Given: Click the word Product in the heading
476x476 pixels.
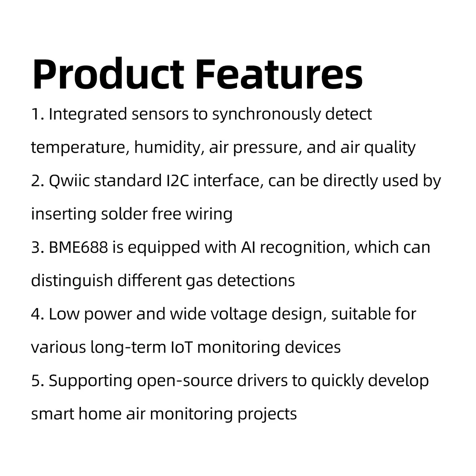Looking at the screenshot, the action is click(108, 74).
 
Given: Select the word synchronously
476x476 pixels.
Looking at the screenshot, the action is click(266, 115).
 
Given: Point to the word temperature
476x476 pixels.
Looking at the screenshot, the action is click(78, 148).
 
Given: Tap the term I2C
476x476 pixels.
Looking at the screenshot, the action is click(178, 181).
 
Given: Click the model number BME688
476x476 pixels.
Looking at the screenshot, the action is click(79, 247).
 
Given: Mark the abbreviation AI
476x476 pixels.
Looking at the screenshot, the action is click(248, 247).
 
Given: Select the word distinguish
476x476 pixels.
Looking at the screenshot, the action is click(72, 281).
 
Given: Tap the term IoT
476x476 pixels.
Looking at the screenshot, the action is click(182, 347).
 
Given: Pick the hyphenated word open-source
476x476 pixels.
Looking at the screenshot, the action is click(185, 381).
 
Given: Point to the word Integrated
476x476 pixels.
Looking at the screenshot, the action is click(88, 115).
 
